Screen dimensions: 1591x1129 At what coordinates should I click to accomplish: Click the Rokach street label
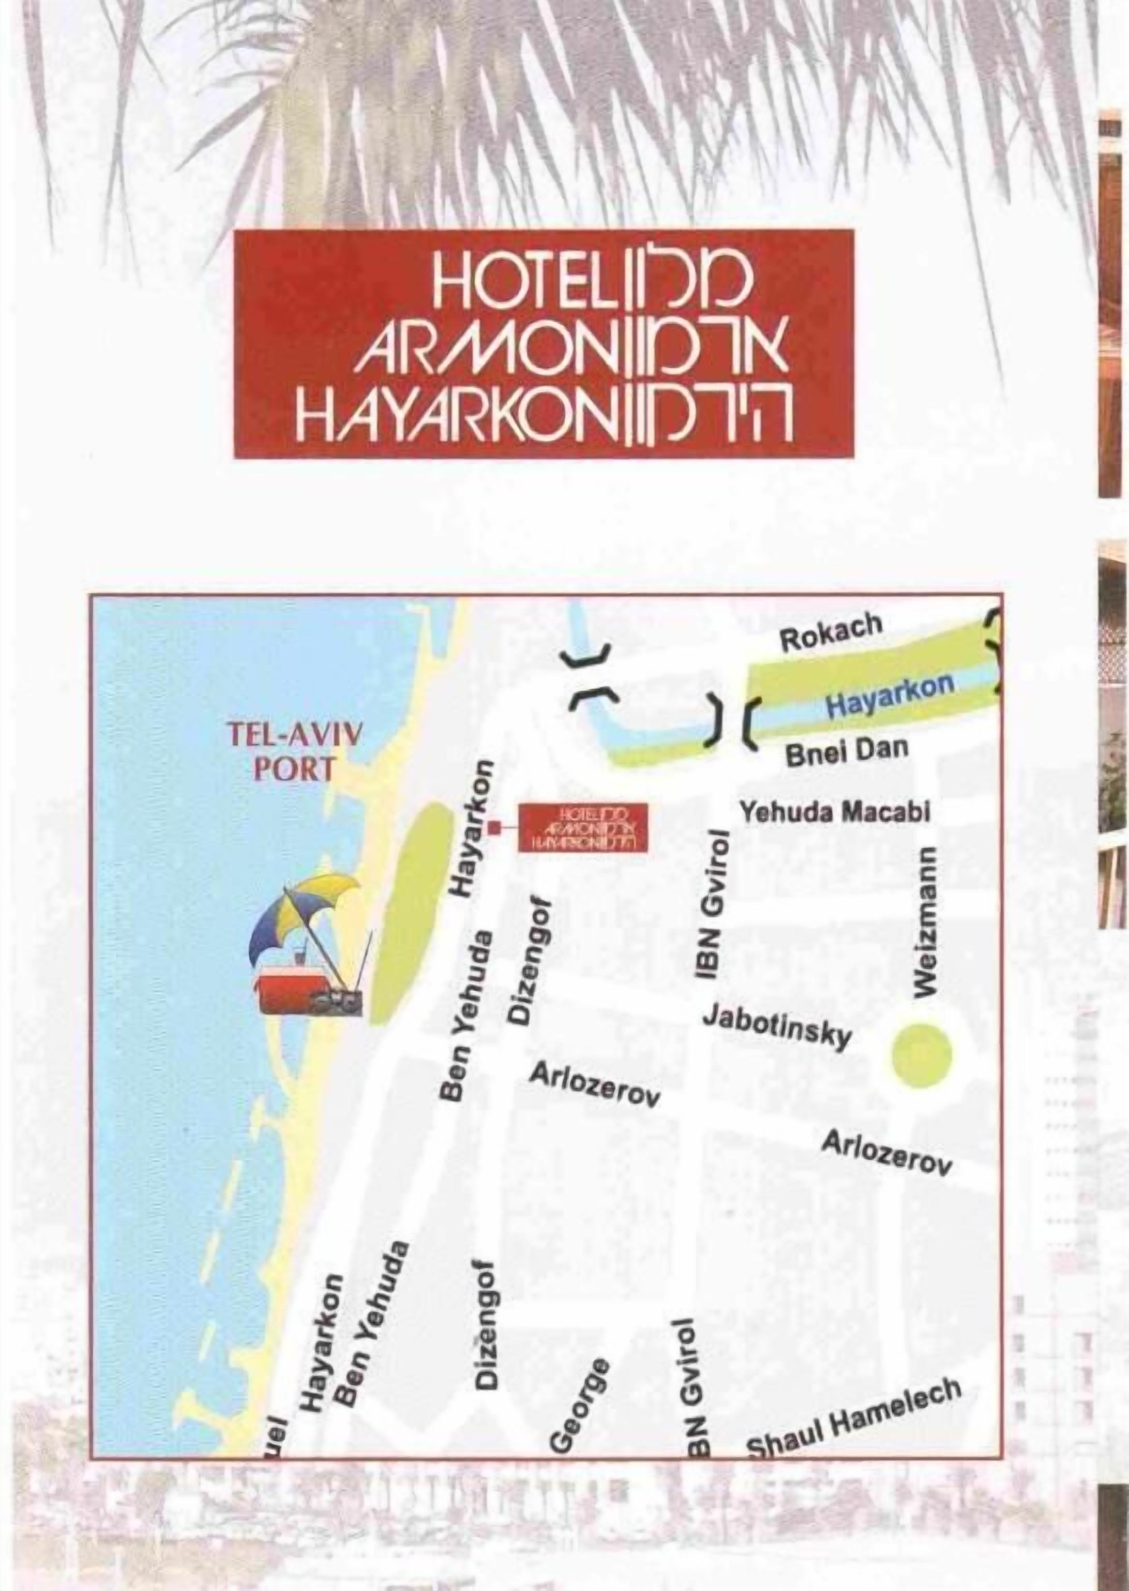point(830,632)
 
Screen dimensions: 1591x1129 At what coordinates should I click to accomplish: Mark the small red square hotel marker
point(495,827)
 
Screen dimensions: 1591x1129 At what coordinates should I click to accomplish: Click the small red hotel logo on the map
point(584,827)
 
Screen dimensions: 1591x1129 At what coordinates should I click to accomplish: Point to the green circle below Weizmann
point(921,1055)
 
